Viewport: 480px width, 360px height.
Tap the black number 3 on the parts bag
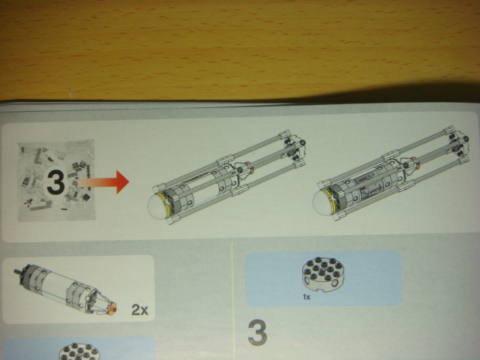click(55, 182)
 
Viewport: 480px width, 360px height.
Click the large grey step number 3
click(257, 332)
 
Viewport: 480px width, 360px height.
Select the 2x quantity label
click(140, 310)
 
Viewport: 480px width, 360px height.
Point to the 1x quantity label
click(307, 297)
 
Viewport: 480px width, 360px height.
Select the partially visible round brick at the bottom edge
click(79, 352)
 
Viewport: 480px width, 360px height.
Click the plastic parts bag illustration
click(56, 181)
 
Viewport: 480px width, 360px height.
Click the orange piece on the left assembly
click(252, 169)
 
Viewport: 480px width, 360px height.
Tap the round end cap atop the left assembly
click(295, 149)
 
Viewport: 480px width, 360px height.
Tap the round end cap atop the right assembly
click(458, 145)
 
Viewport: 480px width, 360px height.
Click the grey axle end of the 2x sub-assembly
click(19, 271)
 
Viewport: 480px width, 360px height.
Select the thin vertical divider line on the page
click(233, 301)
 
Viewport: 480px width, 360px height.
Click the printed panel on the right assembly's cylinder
click(370, 190)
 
